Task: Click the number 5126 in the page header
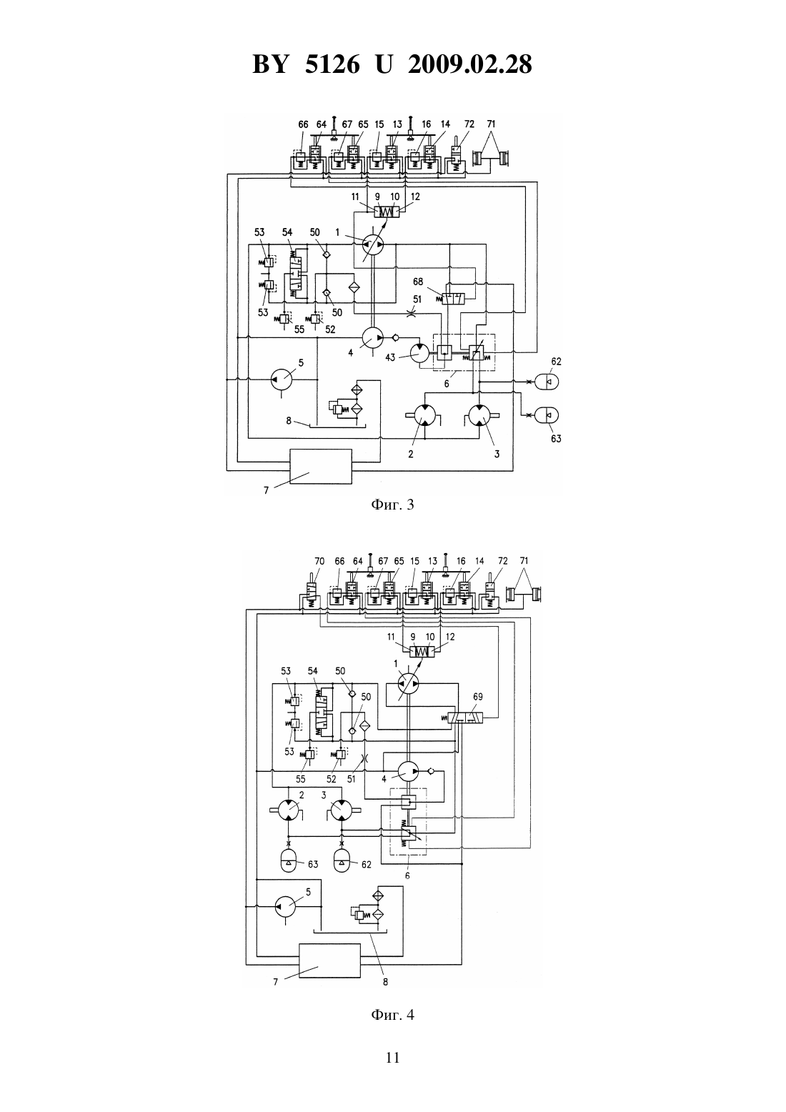coord(332,64)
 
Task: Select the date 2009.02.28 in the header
coord(470,64)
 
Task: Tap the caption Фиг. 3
coord(392,505)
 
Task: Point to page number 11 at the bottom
coord(392,1058)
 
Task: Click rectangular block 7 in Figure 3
coord(321,466)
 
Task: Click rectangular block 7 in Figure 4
coord(329,960)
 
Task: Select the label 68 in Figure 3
coord(418,282)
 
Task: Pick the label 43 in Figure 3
coord(391,357)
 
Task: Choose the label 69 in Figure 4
coord(477,697)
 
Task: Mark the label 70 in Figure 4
coord(319,561)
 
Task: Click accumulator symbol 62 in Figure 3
coord(549,381)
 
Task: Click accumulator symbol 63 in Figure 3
coord(549,415)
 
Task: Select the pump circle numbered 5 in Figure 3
coord(282,380)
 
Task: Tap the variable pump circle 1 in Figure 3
coord(373,244)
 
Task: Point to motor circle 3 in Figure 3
coord(479,415)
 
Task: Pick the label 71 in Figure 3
coord(491,124)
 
